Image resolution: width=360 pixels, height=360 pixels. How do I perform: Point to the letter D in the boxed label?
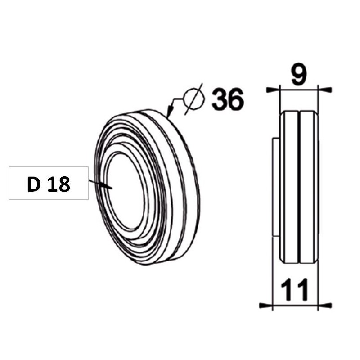tap(33, 184)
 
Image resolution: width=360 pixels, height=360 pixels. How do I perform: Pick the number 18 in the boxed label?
tap(59, 184)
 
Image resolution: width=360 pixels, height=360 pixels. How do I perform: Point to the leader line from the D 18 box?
tap(99, 184)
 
